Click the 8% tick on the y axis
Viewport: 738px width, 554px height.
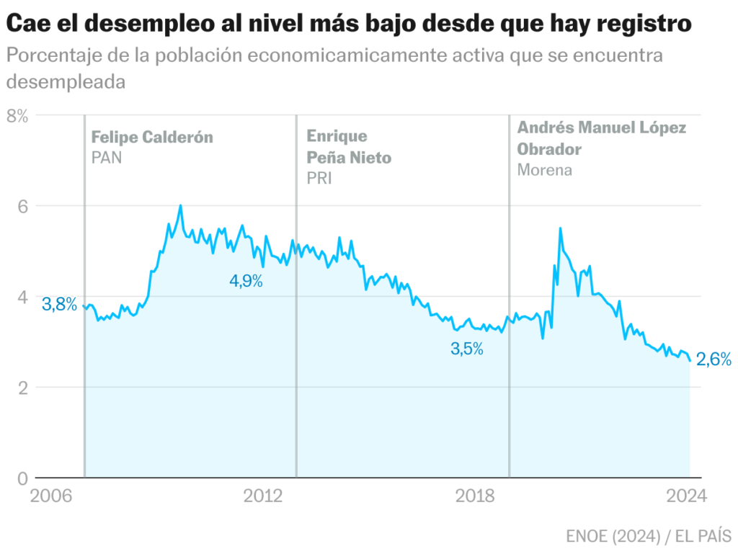click(x=17, y=115)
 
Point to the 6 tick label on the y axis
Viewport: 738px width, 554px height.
click(x=22, y=206)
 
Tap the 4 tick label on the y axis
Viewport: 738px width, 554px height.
click(x=22, y=297)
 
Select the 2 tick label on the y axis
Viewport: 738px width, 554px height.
click(x=22, y=388)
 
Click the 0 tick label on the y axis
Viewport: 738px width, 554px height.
click(x=22, y=478)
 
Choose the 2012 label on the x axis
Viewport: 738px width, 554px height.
click(x=262, y=496)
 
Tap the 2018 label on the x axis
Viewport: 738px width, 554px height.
click(x=475, y=496)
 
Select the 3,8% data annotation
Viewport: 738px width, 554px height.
click(x=60, y=304)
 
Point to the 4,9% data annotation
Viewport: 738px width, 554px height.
click(x=246, y=281)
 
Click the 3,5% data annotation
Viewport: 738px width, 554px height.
click(x=467, y=349)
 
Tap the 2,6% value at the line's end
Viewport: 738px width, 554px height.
click(x=714, y=359)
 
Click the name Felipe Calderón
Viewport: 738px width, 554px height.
click(x=152, y=137)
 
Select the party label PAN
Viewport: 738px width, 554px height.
click(x=107, y=157)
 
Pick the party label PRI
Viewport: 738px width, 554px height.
click(x=319, y=178)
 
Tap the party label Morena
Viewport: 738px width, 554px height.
click(x=545, y=170)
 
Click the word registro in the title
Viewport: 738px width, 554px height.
click(x=635, y=24)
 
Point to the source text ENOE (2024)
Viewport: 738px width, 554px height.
click(x=613, y=536)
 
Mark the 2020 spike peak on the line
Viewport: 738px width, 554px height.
click(x=560, y=228)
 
